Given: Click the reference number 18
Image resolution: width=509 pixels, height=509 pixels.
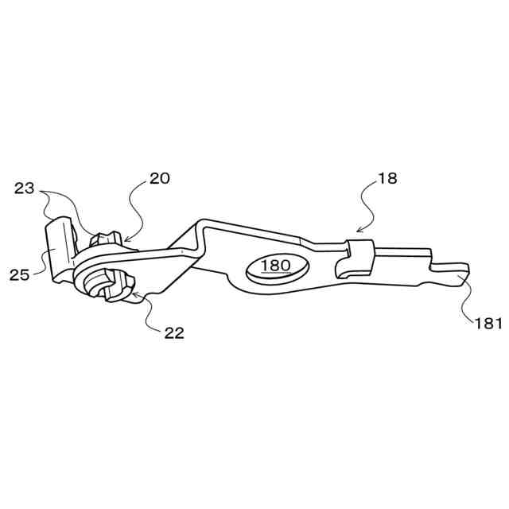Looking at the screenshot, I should tap(387, 179).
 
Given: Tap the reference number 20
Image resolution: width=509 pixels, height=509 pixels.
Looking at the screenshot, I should tap(159, 178).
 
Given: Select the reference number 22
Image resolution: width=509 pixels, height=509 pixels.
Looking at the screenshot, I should tap(174, 332).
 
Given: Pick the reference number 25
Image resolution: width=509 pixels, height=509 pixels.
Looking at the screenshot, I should tap(19, 274).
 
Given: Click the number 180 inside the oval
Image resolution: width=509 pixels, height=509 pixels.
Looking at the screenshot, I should tap(275, 266).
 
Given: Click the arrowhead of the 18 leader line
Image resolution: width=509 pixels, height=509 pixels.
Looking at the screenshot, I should tap(358, 232).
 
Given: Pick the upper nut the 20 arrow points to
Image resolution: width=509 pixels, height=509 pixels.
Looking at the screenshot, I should tap(106, 237).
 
